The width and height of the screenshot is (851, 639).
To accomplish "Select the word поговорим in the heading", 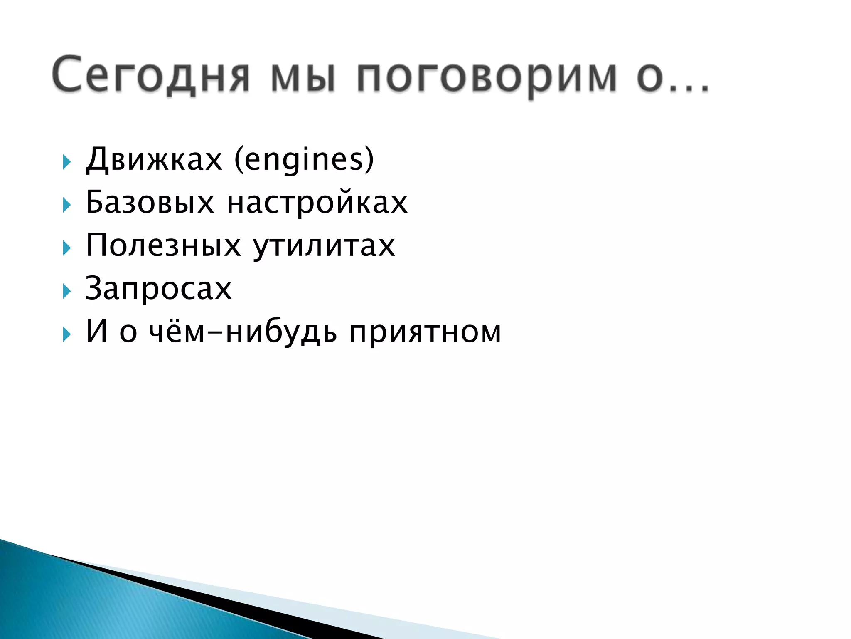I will pyautogui.click(x=487, y=77).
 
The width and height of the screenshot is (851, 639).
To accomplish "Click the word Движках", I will pyautogui.click(x=154, y=159).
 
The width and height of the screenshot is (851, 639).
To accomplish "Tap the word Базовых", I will pyautogui.click(x=150, y=203).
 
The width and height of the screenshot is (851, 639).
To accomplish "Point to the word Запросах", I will pyautogui.click(x=158, y=288).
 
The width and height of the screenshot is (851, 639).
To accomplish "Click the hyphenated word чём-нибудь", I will pyautogui.click(x=243, y=332).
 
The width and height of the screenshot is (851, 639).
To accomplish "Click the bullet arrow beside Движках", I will pyautogui.click(x=66, y=162).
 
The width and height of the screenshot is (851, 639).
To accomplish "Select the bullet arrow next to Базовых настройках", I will pyautogui.click(x=66, y=205).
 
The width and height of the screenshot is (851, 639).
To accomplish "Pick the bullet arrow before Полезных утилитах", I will pyautogui.click(x=66, y=248).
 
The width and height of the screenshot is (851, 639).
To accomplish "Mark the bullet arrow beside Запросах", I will pyautogui.click(x=66, y=291).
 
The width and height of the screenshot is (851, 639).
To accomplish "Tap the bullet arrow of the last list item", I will pyautogui.click(x=66, y=334).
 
